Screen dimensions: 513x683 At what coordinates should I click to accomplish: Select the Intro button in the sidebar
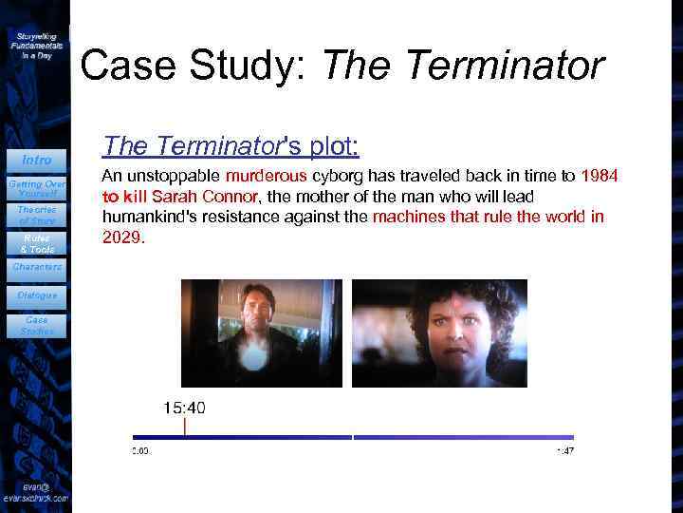36,160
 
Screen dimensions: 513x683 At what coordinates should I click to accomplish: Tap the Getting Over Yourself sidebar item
36,186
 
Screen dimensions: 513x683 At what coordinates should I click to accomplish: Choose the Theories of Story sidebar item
36,215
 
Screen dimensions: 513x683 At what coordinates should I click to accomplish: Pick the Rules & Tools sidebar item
36,244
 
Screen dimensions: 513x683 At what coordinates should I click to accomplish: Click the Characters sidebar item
36,267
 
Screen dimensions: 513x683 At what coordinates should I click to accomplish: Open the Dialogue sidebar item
36,295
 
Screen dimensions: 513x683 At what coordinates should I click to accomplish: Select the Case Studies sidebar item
36,326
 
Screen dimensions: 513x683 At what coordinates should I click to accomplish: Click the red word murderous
267,176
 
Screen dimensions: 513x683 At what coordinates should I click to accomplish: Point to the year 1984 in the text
600,176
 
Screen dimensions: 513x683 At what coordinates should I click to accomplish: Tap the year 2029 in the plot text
122,238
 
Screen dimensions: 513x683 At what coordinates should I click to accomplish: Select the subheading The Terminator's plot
231,146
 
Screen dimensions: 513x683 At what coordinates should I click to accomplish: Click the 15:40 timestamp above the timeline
184,408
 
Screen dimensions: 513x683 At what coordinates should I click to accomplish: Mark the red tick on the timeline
185,428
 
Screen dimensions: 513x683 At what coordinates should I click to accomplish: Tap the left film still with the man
261,332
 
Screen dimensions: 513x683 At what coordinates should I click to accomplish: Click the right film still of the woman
439,332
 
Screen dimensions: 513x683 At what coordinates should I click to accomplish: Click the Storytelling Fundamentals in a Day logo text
36,45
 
